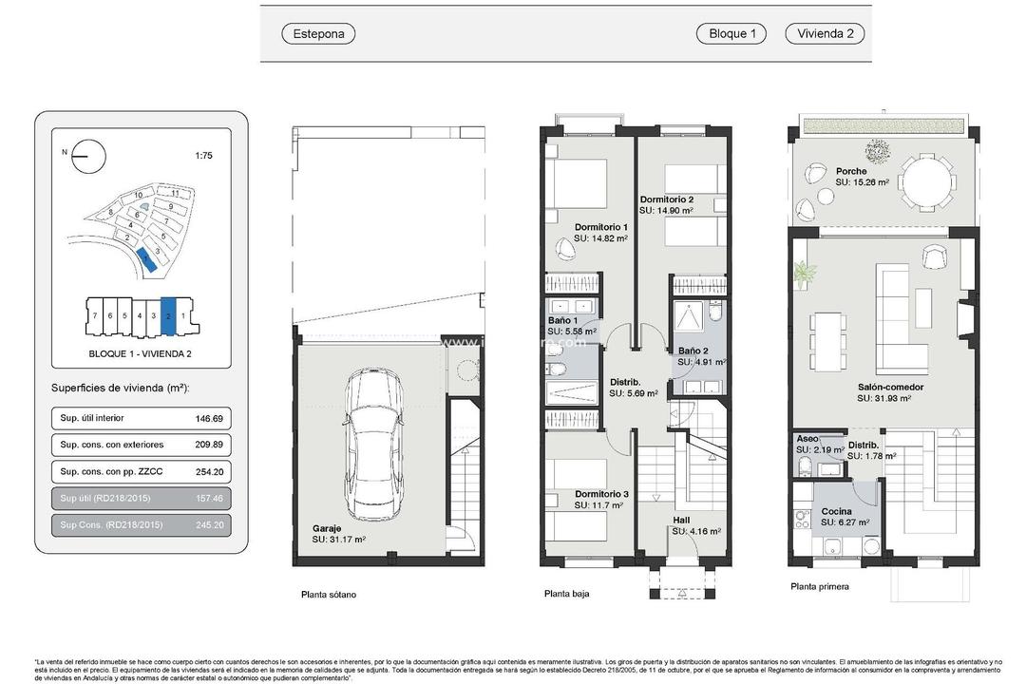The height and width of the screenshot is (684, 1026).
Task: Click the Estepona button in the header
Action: pyautogui.click(x=318, y=33)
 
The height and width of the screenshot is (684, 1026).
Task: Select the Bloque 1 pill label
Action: pyautogui.click(x=731, y=33)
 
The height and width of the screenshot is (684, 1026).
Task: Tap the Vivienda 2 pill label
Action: pyautogui.click(x=824, y=33)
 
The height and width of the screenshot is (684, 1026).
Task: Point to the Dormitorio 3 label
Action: pyautogui.click(x=601, y=494)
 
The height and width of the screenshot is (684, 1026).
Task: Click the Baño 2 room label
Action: pyautogui.click(x=693, y=351)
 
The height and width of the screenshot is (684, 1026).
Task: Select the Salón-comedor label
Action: pyautogui.click(x=890, y=388)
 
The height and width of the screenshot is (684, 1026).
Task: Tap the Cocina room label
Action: pyautogui.click(x=837, y=511)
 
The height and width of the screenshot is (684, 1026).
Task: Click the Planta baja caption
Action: pyautogui.click(x=566, y=594)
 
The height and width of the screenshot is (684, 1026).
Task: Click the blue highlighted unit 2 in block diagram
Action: pyautogui.click(x=168, y=316)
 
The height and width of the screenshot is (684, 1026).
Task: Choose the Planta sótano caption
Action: pyautogui.click(x=328, y=595)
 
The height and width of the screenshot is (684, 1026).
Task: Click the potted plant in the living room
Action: pyautogui.click(x=805, y=275)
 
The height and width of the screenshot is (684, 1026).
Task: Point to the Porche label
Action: pyautogui.click(x=851, y=171)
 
